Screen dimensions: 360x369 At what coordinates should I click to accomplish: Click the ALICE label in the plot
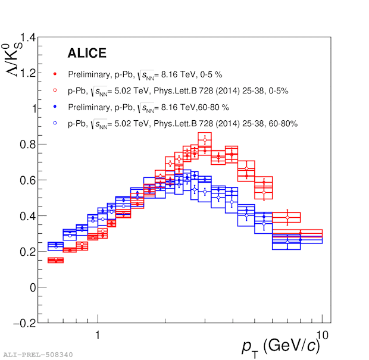pyautogui.click(x=87, y=54)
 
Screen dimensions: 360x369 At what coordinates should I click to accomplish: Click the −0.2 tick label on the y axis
pyautogui.click(x=24, y=323)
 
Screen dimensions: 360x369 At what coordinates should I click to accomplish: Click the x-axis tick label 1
pyautogui.click(x=97, y=335)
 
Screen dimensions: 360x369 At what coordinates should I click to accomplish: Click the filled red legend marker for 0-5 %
pyautogui.click(x=55, y=74)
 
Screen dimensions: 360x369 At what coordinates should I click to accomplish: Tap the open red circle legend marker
pyautogui.click(x=55, y=91)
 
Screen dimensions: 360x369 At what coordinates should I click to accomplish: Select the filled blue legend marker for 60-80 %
pyautogui.click(x=55, y=108)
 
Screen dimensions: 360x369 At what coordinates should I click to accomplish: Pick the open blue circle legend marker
pyautogui.click(x=55, y=124)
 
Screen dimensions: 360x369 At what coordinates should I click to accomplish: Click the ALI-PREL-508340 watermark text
pyautogui.click(x=37, y=355)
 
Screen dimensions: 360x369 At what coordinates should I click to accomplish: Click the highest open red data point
pyautogui.click(x=205, y=140)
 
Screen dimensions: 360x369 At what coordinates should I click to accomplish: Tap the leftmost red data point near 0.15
pyautogui.click(x=55, y=260)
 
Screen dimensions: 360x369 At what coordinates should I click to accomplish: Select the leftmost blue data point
pyautogui.click(x=55, y=245)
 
